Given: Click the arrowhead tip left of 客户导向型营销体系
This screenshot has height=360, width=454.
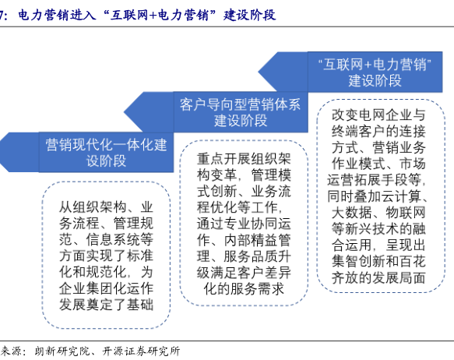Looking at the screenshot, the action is pos(125,112).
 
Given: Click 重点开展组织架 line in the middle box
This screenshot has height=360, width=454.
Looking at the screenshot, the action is pos(244,159).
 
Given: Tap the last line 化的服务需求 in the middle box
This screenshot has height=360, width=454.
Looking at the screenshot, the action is pos(244,288).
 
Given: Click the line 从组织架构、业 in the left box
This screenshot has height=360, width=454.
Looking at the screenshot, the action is pos(106,207).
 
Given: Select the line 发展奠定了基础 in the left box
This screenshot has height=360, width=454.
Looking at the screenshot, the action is pos(106,305).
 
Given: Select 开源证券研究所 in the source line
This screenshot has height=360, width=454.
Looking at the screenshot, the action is pos(141,351).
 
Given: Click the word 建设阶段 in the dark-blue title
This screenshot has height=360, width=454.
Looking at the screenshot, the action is pos(249,15).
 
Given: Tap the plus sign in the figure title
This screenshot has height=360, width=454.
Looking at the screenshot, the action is pos(153,16).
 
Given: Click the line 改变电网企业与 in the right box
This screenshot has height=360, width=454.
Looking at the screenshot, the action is pos(378,115).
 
